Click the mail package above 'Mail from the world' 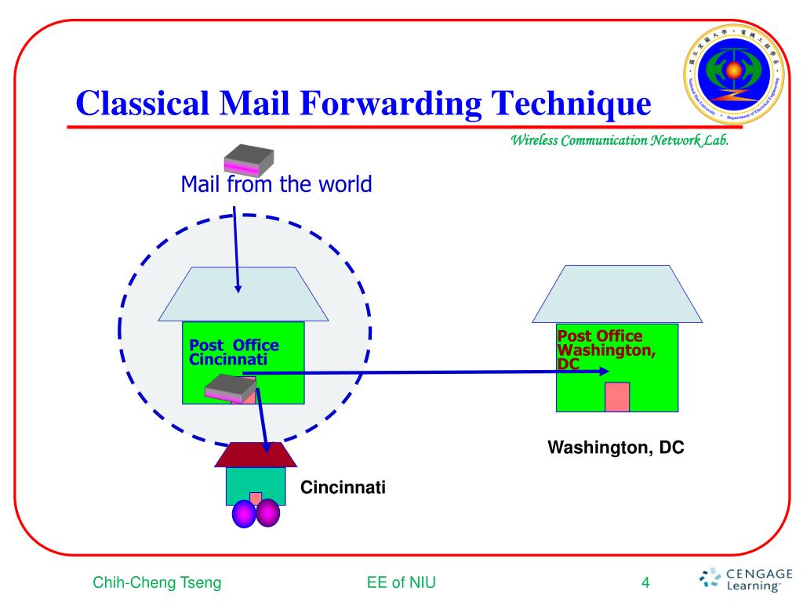click(249, 161)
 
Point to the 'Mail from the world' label click(275, 185)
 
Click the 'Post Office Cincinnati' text click(234, 352)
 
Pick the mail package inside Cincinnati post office click(231, 389)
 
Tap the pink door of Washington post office click(617, 397)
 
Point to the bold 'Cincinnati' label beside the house click(343, 488)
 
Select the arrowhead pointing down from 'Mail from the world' click(238, 289)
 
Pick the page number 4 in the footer click(645, 582)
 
